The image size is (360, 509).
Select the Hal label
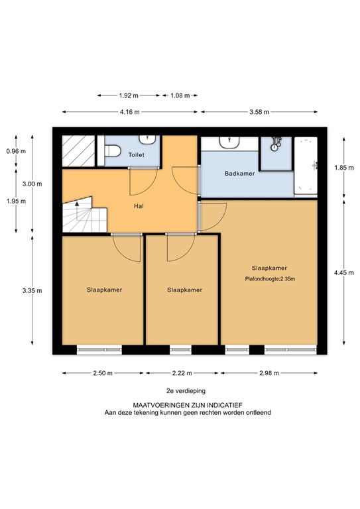(139, 205)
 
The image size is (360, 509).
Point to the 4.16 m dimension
(130, 112)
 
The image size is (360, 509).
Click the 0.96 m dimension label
(15, 150)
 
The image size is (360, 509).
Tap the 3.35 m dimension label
(32, 290)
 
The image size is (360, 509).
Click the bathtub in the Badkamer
(307, 166)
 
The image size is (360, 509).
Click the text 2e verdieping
(179, 392)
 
